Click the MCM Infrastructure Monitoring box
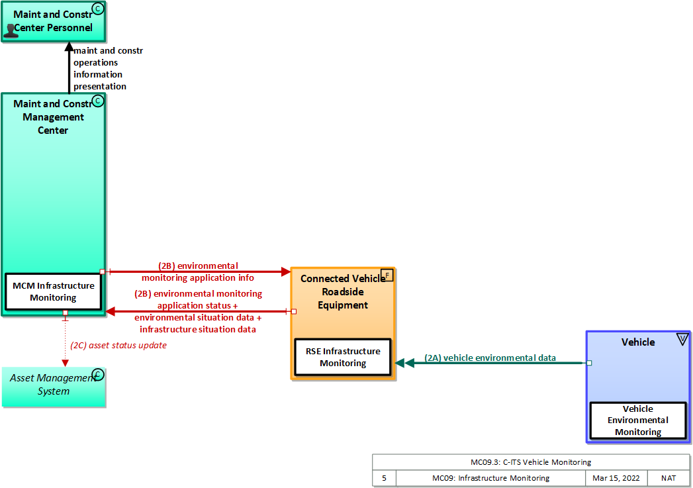[x=53, y=291]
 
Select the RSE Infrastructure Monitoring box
[x=343, y=357]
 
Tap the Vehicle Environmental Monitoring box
[x=638, y=420]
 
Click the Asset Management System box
[x=53, y=385]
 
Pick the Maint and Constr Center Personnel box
[x=53, y=21]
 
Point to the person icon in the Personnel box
[x=12, y=30]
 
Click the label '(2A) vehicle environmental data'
[x=490, y=358]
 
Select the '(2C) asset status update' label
[x=118, y=345]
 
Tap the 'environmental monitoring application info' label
[x=198, y=271]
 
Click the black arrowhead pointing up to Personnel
[x=69, y=47]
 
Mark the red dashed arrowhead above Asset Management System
[x=65, y=362]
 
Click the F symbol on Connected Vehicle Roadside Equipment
[x=387, y=275]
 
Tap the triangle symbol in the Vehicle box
[x=682, y=340]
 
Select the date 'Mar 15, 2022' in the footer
[x=616, y=478]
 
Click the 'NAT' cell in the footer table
[x=668, y=478]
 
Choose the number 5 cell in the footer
[x=384, y=478]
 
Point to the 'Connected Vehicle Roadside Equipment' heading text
[x=342, y=291]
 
